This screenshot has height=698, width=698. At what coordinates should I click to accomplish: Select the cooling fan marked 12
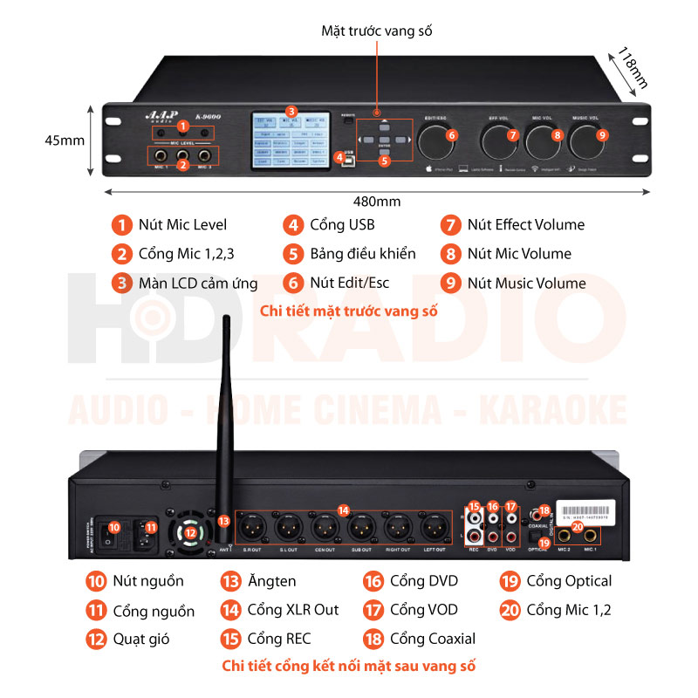tap(190, 531)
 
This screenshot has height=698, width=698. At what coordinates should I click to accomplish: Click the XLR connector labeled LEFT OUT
tap(433, 527)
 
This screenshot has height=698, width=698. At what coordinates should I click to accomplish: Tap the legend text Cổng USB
tap(342, 225)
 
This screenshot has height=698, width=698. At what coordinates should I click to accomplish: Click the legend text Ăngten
tap(271, 581)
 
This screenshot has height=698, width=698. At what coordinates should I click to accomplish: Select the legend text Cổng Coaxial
tap(433, 639)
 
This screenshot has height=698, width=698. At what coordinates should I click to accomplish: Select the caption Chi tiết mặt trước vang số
tap(349, 311)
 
